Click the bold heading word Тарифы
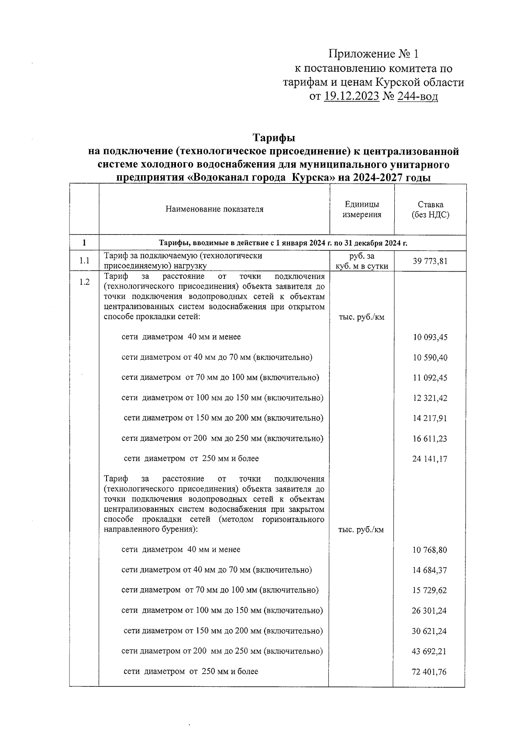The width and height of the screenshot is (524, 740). click(x=275, y=138)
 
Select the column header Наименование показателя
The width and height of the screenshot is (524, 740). click(x=214, y=209)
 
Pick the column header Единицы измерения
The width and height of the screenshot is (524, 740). click(x=362, y=210)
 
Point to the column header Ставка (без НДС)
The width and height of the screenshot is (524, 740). click(x=430, y=210)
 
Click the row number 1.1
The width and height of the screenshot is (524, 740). click(x=84, y=261)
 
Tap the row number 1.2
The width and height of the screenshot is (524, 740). click(x=84, y=282)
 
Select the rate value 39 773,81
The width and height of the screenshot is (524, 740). click(x=430, y=261)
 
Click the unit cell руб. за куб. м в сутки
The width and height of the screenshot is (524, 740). click(x=362, y=261)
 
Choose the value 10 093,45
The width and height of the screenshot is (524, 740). click(x=430, y=338)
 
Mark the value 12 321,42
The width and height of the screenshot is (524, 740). click(x=430, y=398)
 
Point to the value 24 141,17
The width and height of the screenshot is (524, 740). click(x=430, y=459)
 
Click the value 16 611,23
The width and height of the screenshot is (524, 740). click(x=430, y=439)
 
